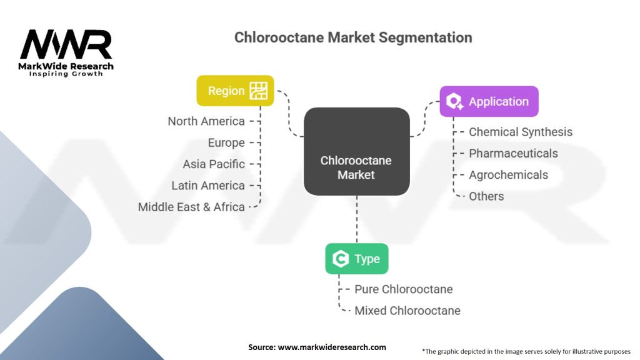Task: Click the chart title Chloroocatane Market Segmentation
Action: click(353, 37)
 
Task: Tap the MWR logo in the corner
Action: click(66, 52)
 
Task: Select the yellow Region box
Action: click(235, 91)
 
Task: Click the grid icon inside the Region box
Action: click(258, 91)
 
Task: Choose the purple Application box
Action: click(489, 101)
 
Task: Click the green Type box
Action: click(357, 259)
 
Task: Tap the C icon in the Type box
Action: click(341, 259)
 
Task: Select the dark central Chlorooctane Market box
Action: click(357, 151)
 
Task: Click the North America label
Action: click(206, 121)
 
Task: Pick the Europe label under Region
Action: click(226, 143)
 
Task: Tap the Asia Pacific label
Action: click(214, 164)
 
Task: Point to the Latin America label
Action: click(208, 186)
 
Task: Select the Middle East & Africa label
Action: click(191, 207)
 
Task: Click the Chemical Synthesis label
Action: click(521, 132)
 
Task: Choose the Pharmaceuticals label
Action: click(513, 154)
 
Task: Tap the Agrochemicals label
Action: click(508, 175)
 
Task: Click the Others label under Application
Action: click(486, 196)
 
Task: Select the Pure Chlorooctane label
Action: click(403, 289)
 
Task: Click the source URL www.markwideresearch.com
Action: click(332, 347)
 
